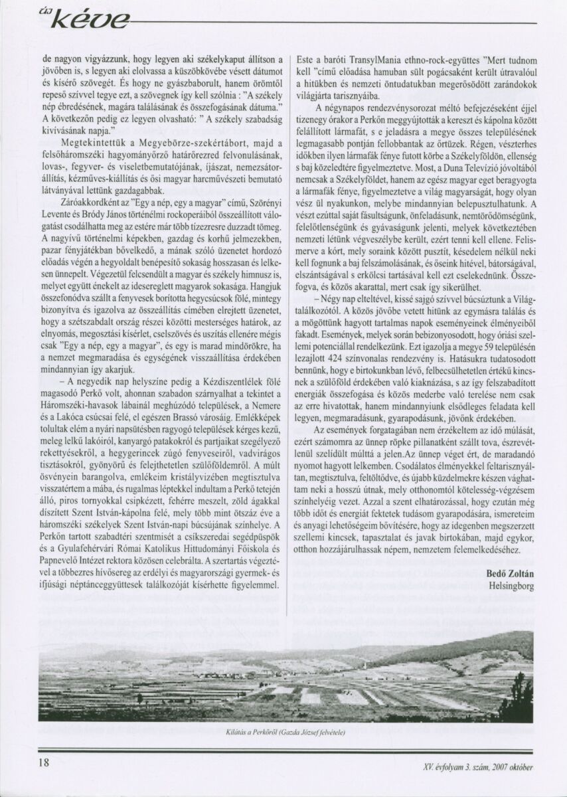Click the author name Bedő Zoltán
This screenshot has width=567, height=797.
(510, 574)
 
